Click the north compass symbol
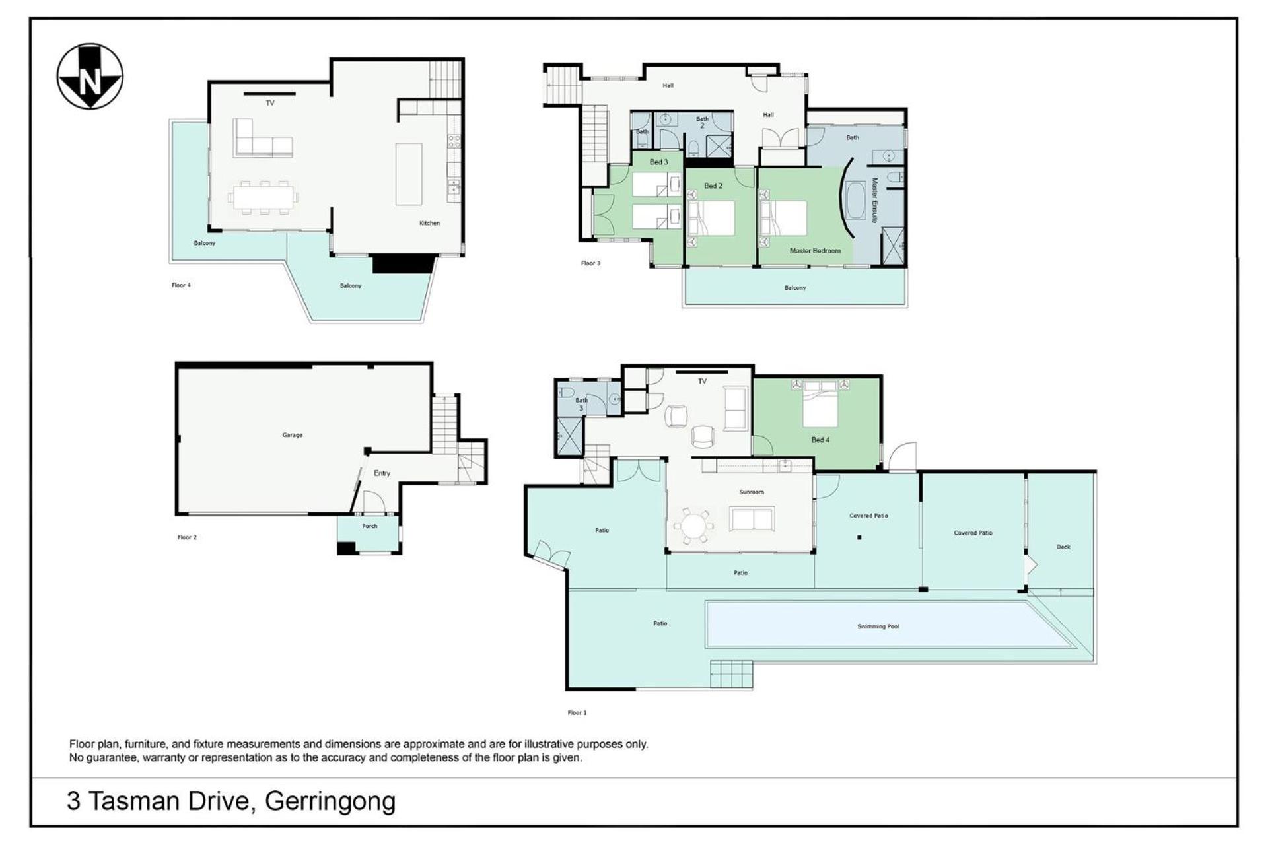[90, 76]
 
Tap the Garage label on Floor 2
[293, 435]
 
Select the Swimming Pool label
[878, 626]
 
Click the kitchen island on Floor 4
[409, 174]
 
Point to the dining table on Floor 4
[264, 197]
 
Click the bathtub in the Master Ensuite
[855, 200]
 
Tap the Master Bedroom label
[815, 251]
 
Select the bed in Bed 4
[820, 407]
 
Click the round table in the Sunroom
[693, 526]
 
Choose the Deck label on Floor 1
[1063, 547]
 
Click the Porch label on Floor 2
[370, 526]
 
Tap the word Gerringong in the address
[330, 801]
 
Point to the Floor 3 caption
[590, 263]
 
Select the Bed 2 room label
[713, 186]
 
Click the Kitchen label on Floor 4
[429, 223]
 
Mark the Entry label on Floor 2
[382, 473]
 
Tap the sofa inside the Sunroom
[752, 519]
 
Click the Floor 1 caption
[577, 712]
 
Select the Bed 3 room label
[658, 162]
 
